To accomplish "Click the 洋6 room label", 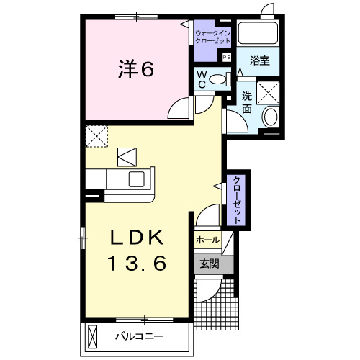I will [x=135, y=71].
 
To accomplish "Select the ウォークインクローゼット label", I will [x=212, y=36].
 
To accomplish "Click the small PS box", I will [x=226, y=56].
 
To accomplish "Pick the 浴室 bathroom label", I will [x=260, y=61].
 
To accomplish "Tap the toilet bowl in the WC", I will [x=220, y=79].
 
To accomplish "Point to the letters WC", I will [x=201, y=79].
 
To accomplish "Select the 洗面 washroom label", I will [x=247, y=102].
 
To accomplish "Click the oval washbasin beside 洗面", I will [x=269, y=117].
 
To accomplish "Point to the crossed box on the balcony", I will [x=93, y=336].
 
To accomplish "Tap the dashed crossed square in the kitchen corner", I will [x=96, y=135].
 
